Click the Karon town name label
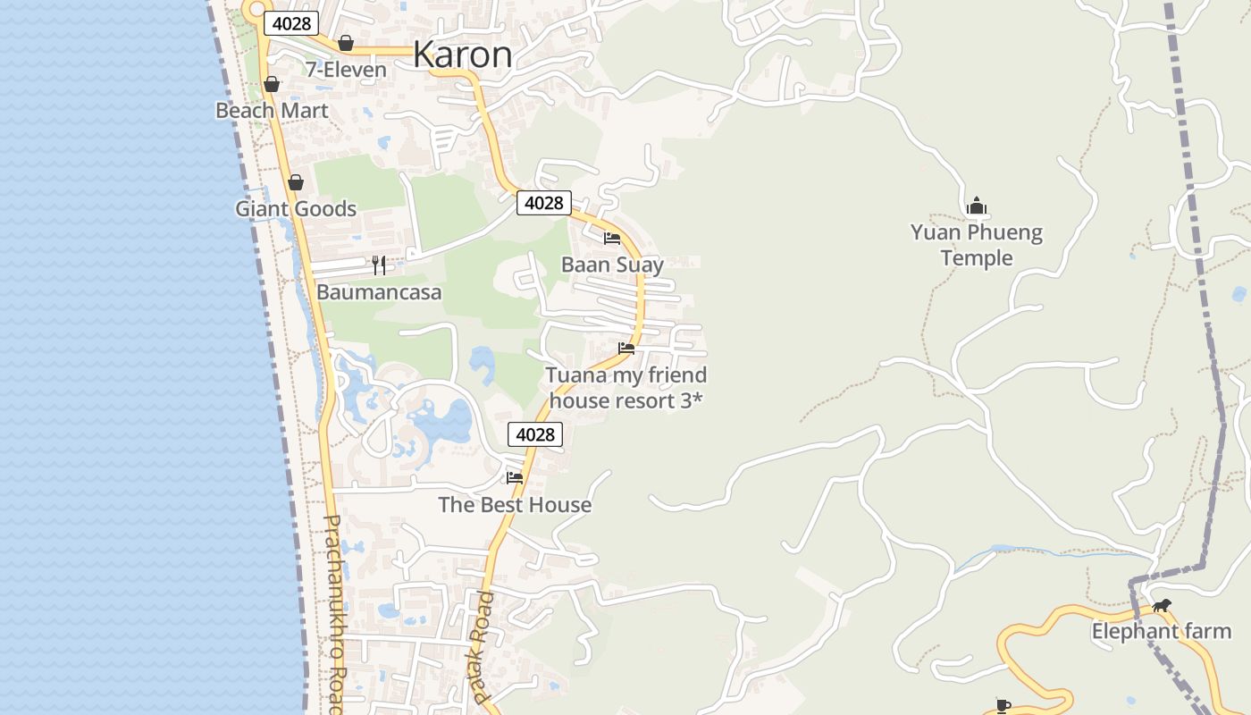coord(463,55)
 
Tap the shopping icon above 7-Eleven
coord(346,43)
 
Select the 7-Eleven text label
coord(346,70)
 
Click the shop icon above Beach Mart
coord(272,84)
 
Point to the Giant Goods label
coord(296,209)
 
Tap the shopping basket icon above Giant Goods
coord(296,182)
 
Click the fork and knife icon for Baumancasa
coord(379,265)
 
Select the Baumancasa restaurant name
coord(379,292)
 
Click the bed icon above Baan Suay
coord(612,238)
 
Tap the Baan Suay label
coord(612,265)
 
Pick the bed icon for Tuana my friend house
coord(626,348)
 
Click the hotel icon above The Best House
coord(515,477)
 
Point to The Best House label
coord(515,505)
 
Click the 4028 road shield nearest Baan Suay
coord(543,203)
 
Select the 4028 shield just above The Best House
coord(535,434)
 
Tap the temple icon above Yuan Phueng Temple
coord(977,206)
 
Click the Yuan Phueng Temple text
coord(977,245)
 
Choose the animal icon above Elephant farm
coord(1161,605)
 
